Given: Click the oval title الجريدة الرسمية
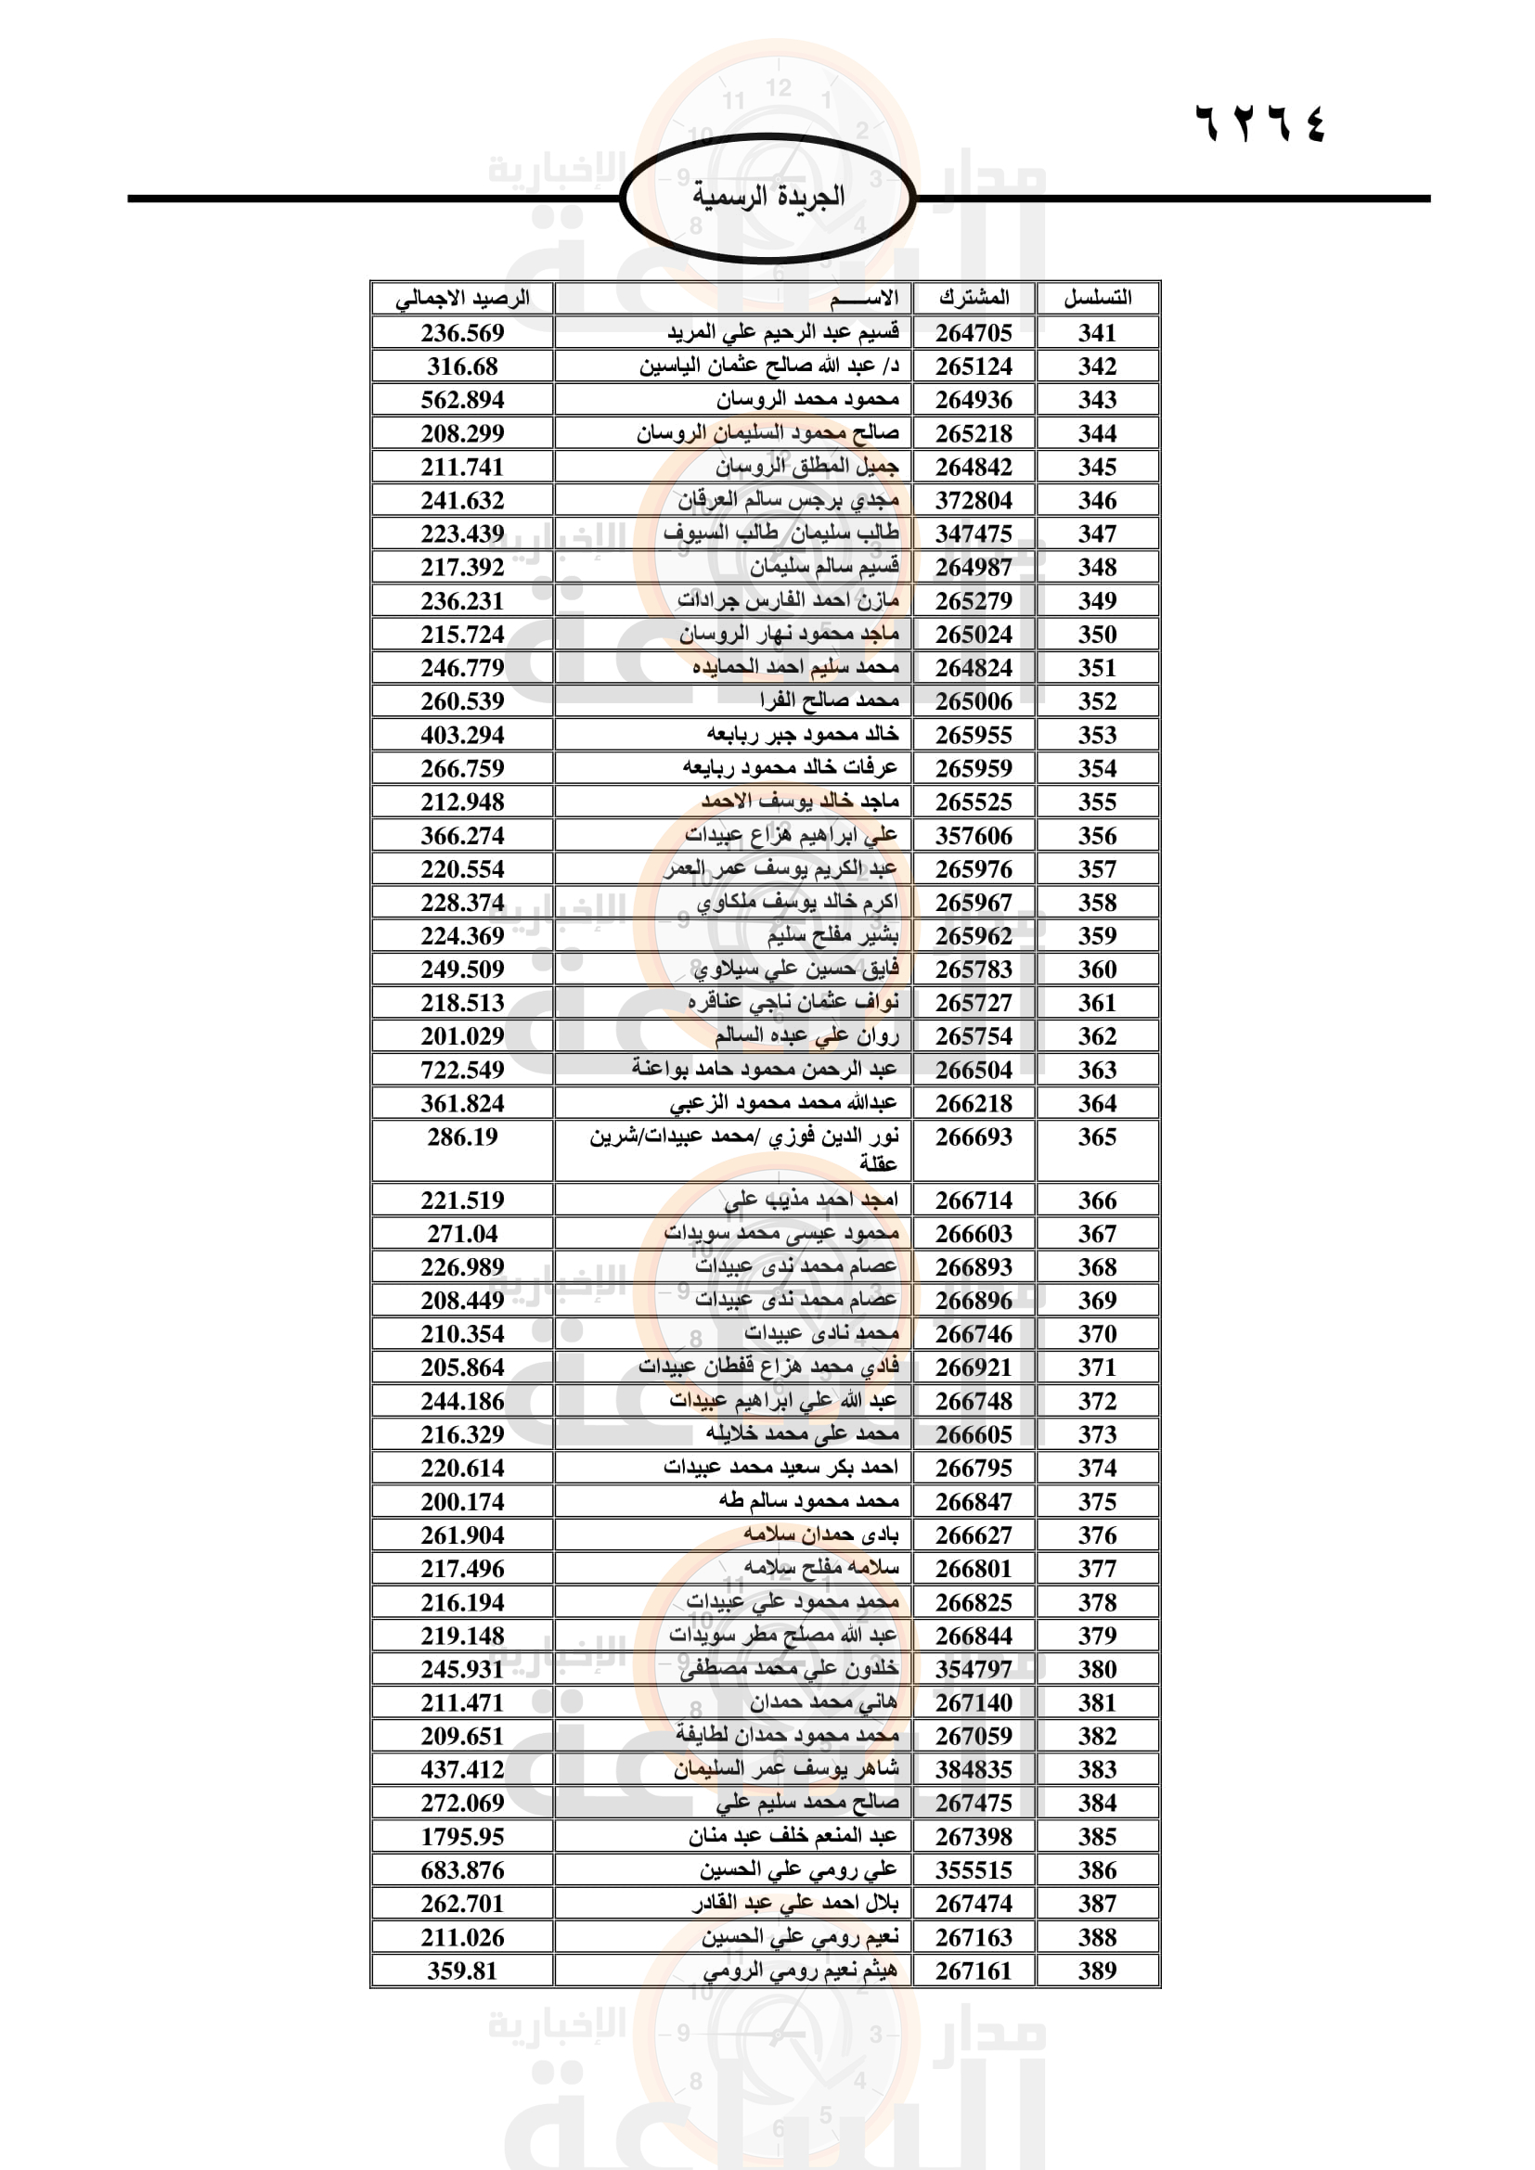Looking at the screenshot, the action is coord(767,198).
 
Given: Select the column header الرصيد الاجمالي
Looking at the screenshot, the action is coord(462,299).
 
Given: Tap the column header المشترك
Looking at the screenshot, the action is coord(974,299).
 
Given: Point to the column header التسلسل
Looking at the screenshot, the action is coord(1097,299).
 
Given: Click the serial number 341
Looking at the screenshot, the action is coord(1097,333).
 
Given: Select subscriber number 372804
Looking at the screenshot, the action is coord(974,500).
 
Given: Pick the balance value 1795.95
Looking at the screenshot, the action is coord(462,1836).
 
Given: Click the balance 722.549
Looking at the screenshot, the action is coord(462,1070).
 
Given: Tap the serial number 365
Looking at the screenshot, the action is coord(1097,1137).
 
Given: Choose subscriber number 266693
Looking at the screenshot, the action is coord(974,1137).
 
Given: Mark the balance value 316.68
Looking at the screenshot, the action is coord(462,366).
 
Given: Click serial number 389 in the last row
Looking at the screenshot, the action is coord(1097,1971).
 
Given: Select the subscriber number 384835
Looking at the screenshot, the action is coord(974,1769).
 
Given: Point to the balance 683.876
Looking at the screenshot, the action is coord(462,1869).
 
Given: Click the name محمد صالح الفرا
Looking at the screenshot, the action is coord(829,701).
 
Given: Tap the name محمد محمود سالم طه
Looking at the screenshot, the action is coord(809,1501).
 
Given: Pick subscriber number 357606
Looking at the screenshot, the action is coord(974,836).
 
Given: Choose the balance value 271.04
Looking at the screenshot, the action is coord(462,1233).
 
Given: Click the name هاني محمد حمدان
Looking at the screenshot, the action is coord(823,1702).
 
